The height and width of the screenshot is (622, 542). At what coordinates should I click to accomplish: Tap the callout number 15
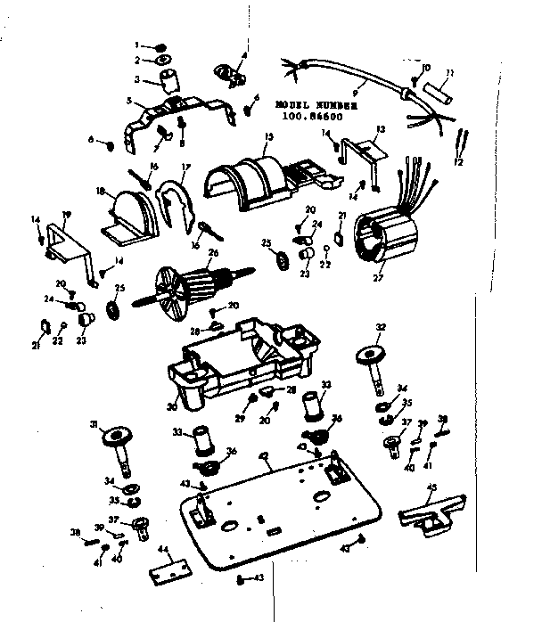pyautogui.click(x=267, y=135)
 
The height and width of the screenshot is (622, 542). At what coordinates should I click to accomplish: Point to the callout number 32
pyautogui.click(x=380, y=327)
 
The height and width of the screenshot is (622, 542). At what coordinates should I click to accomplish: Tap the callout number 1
pyautogui.click(x=138, y=45)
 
